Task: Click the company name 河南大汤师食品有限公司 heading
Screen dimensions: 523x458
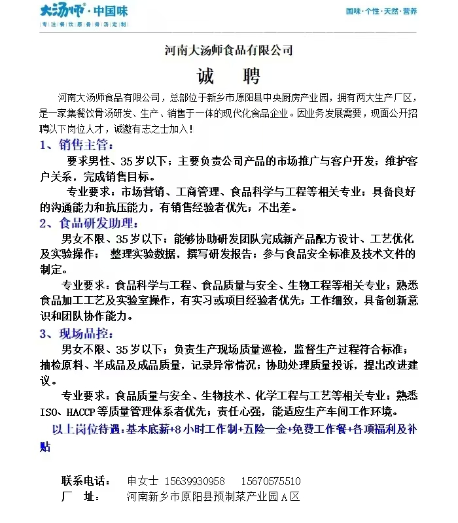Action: point(228,50)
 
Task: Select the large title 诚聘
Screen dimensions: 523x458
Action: point(228,76)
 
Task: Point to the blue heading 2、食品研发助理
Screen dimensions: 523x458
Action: point(90,223)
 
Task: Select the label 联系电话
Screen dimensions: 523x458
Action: point(86,481)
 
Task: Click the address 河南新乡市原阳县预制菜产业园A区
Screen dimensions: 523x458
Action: point(213,497)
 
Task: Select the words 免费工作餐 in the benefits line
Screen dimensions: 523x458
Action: point(319,430)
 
